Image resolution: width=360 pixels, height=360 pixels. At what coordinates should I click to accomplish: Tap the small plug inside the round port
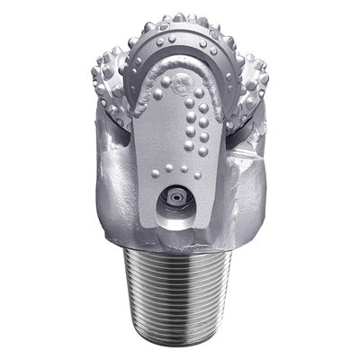coord(174,195)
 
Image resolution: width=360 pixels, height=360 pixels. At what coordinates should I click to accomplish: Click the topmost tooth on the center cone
coord(179,17)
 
